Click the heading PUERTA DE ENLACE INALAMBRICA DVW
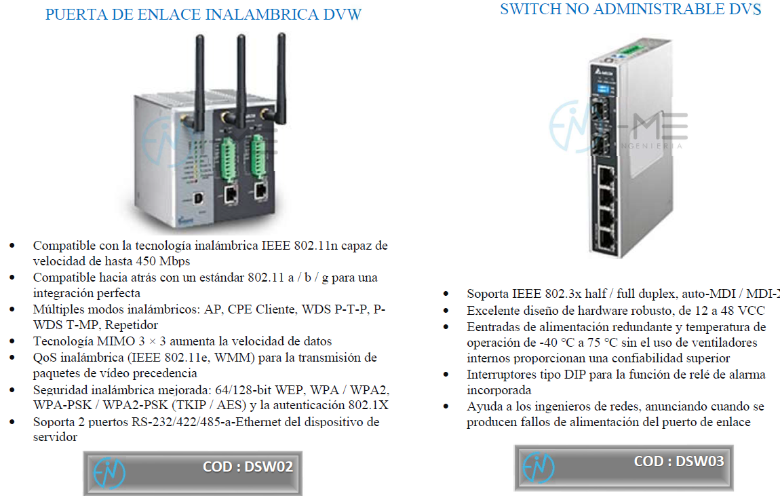[203, 14]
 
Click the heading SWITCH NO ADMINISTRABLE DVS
[630, 9]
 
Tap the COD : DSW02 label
[248, 467]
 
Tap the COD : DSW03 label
[678, 461]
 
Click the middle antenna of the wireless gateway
[241, 75]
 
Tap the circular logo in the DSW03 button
[539, 467]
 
